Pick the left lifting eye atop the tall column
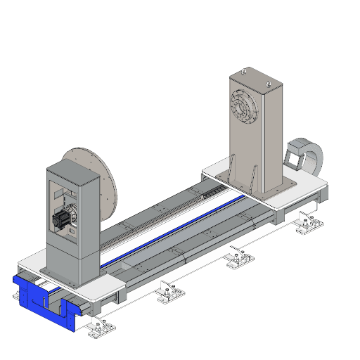[244, 71]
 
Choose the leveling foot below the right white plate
[308, 224]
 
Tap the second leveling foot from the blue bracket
[167, 289]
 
